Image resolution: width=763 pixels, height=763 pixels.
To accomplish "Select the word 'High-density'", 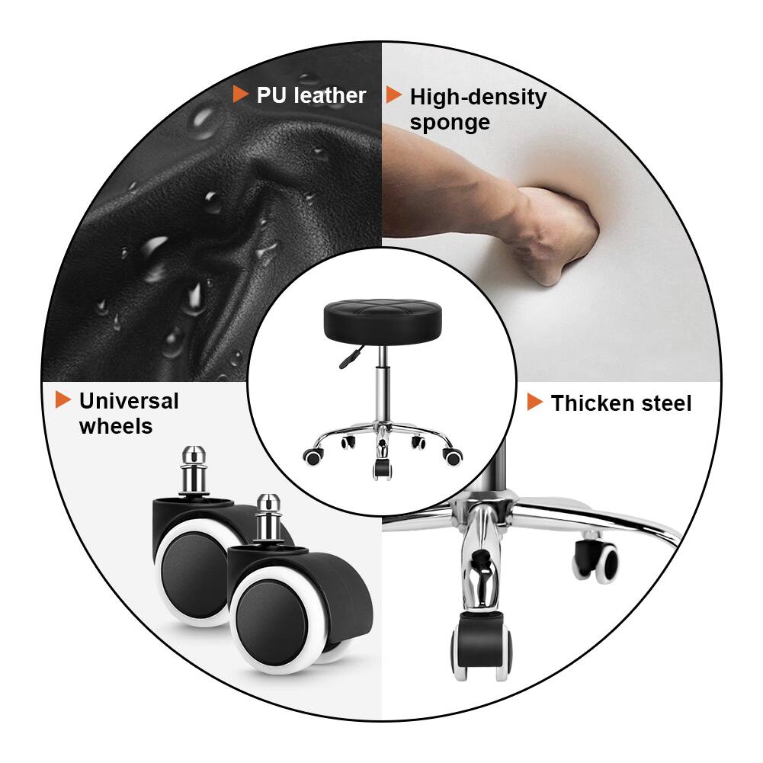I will tap(478, 97).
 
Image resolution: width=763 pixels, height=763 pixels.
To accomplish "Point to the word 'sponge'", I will tap(450, 123).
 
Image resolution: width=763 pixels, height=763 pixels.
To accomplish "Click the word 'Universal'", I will tap(129, 401).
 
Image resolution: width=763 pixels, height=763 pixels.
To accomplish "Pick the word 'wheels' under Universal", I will tap(116, 426).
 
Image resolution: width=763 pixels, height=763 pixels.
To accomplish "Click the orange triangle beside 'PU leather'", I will tap(240, 95).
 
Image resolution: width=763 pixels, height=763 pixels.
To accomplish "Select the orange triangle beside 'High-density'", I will tap(393, 95).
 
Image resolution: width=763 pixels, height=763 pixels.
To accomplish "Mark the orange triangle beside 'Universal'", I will tap(63, 399).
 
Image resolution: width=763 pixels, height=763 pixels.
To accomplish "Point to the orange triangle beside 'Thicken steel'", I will tap(535, 402).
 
